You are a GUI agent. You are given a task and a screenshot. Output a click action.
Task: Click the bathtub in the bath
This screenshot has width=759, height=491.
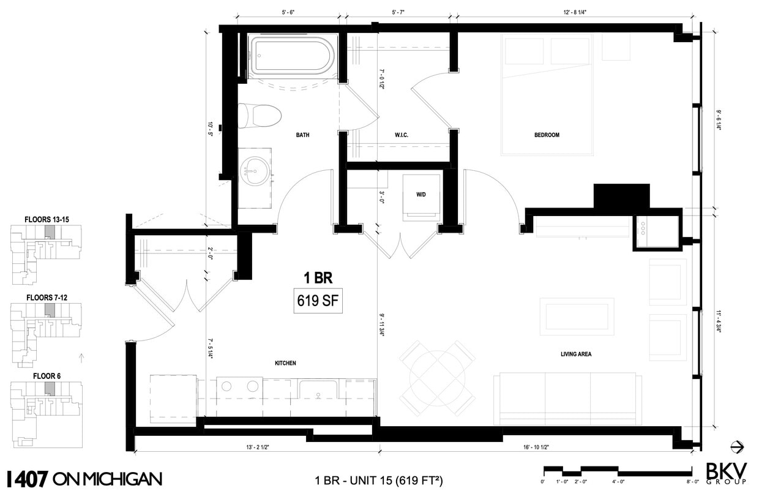point(292,57)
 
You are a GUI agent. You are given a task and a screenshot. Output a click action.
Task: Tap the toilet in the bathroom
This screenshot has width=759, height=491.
point(260,115)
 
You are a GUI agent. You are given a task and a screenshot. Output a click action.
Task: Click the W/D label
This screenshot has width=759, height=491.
point(421,194)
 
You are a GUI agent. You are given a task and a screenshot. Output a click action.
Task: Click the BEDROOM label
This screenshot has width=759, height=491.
point(547,135)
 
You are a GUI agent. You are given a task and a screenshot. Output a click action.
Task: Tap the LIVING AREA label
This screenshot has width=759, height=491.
point(575,354)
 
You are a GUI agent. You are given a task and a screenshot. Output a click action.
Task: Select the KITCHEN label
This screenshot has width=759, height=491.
point(285,363)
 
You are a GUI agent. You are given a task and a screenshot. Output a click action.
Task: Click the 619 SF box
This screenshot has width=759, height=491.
point(318,302)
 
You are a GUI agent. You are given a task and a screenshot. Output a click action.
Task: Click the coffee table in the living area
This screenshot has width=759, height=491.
point(576,317)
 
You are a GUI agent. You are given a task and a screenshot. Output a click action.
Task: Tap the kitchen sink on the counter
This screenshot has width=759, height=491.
point(318,390)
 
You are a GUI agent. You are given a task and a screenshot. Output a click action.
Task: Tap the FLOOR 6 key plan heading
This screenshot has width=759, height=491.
point(47,376)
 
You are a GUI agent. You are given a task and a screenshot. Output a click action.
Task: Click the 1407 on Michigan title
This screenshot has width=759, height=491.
point(84,478)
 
